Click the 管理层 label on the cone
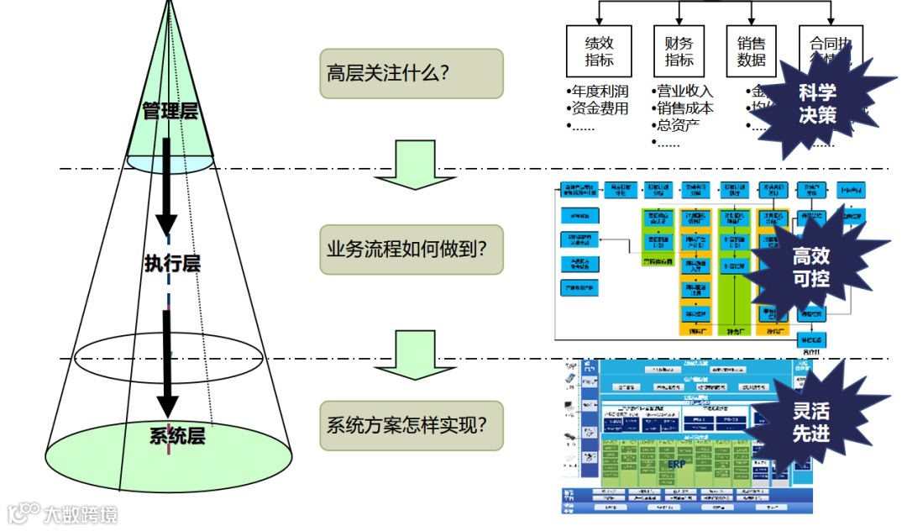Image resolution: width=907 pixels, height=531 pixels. pos(170,111)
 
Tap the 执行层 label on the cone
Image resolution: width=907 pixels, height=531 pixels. pos(171,263)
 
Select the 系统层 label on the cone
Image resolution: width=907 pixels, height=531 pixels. pos(176,435)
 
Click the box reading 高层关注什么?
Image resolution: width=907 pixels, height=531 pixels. pos(411,73)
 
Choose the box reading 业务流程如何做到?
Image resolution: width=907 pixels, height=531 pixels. pos(411,249)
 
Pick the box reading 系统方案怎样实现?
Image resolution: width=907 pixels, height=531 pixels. pos(411,424)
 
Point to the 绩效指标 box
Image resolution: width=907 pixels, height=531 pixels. pos(599,50)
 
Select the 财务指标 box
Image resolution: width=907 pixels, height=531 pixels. pos(679,50)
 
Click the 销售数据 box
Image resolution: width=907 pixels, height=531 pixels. pos(751,50)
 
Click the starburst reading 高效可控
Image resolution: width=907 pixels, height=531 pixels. pos(810,267)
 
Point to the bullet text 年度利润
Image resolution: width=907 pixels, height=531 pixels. pos(599,92)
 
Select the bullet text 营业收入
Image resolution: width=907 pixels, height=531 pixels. pos(684,92)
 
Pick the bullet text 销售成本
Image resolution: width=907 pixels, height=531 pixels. pos(684,108)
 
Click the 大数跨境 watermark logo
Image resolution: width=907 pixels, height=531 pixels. pos(63,513)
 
